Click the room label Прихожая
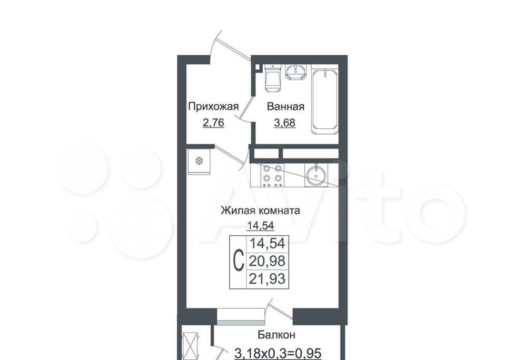[x=213, y=107]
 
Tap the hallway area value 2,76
[x=213, y=123]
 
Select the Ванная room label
[x=285, y=107]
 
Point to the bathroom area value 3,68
[x=284, y=123]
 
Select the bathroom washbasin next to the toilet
[x=295, y=72]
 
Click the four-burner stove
[x=272, y=175]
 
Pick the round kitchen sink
[x=315, y=175]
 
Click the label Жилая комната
[x=260, y=211]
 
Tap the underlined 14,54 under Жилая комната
[x=261, y=226]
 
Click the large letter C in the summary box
[x=237, y=262]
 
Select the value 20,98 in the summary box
[x=267, y=261]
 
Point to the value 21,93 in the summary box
[x=267, y=278]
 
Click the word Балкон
[x=276, y=335]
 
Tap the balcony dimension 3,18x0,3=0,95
[x=278, y=353]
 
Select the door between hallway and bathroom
[x=244, y=109]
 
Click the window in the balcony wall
[x=239, y=317]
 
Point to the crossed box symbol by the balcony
[x=190, y=346]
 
